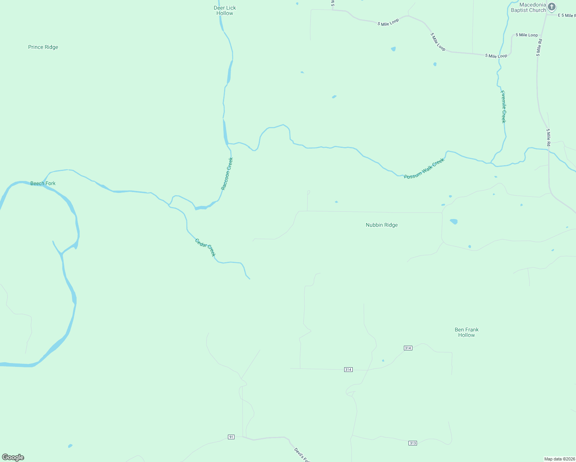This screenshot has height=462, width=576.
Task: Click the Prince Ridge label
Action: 43,47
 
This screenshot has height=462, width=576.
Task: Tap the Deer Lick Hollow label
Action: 225,10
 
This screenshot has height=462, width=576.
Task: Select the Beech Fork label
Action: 43,183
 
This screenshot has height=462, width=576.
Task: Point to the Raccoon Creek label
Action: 227,174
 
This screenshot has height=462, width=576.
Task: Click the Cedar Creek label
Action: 205,248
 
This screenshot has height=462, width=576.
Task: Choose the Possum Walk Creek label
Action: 424,168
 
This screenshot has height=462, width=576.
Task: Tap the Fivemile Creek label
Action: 503,107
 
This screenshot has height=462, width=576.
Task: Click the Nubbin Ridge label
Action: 382,225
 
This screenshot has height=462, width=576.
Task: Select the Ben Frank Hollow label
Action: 467,332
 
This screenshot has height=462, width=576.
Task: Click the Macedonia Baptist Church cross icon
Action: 552,7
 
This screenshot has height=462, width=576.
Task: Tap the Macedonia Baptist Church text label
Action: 528,8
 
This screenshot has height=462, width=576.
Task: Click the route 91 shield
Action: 231,437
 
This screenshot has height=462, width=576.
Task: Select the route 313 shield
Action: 413,443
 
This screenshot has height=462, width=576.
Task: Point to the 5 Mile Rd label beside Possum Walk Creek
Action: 548,137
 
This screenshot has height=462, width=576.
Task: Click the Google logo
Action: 13,457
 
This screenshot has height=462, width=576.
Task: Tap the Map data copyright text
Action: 559,459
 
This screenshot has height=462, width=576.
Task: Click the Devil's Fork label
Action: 301,455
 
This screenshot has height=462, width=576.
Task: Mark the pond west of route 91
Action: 70,446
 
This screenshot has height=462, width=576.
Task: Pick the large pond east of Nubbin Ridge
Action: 454,221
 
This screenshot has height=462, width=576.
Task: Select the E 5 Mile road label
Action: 567,15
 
